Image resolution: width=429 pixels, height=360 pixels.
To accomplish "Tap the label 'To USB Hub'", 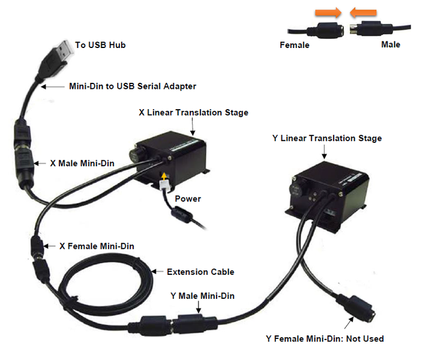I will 100,45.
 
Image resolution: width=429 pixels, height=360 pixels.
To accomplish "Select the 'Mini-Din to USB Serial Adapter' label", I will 133,86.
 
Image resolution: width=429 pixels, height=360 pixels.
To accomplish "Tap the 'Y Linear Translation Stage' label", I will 327,139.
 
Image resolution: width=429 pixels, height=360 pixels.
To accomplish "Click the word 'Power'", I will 188,199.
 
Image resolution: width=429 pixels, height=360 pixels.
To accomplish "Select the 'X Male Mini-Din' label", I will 83,163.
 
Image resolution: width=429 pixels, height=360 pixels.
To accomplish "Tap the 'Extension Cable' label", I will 200,272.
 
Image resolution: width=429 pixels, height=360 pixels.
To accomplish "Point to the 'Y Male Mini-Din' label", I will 203,295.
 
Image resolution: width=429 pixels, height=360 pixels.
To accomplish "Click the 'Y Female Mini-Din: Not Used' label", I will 325,339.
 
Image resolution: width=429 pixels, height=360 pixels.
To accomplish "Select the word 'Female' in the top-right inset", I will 295,45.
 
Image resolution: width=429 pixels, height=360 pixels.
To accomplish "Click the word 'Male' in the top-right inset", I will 391,45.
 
